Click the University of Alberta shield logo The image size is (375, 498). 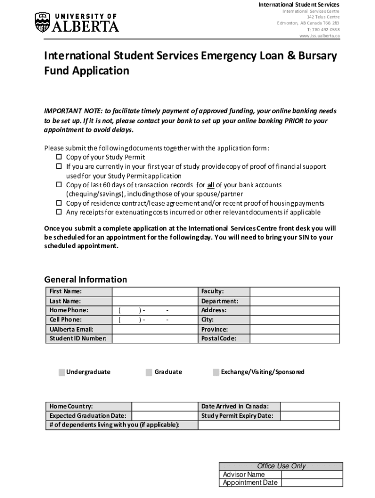(x=42, y=22)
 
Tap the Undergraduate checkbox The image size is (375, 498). (x=62, y=373)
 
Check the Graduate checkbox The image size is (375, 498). (x=149, y=373)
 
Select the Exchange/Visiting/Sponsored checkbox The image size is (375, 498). (x=216, y=373)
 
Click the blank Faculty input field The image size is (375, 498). (x=295, y=292)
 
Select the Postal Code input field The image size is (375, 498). (x=295, y=338)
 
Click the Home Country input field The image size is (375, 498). (x=165, y=407)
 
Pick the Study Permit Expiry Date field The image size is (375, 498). (x=310, y=416)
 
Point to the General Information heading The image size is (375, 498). (x=86, y=280)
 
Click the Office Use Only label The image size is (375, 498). (x=281, y=466)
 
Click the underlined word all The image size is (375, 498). (x=211, y=185)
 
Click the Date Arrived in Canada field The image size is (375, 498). (x=310, y=407)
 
